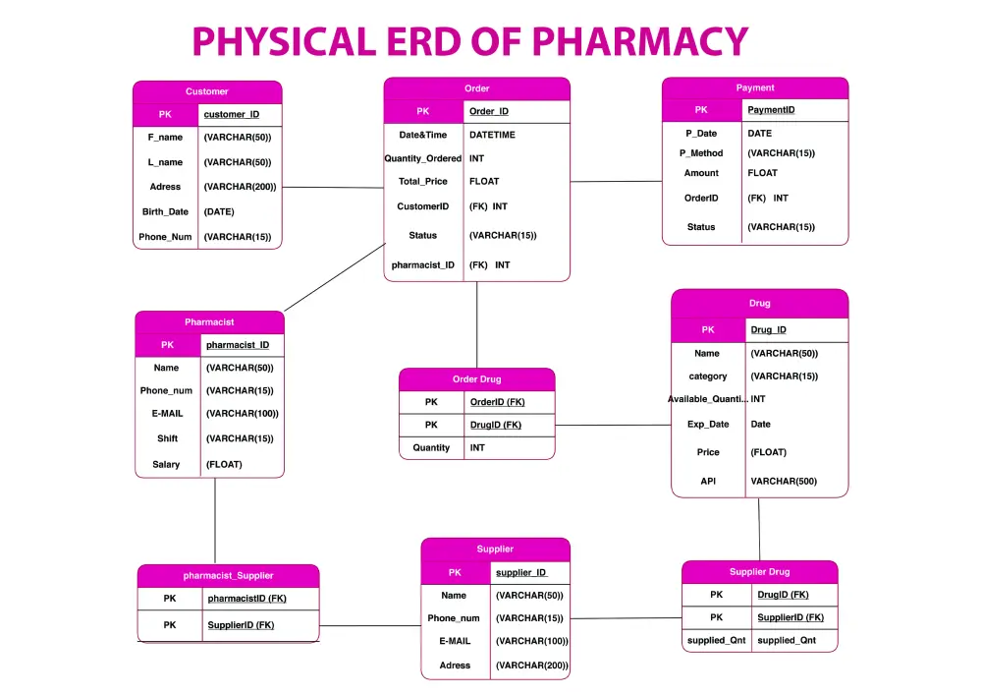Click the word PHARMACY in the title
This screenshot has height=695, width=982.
639,41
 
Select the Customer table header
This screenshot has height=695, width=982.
207,91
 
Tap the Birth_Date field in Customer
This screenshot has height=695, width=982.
165,211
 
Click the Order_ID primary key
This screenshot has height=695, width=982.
489,111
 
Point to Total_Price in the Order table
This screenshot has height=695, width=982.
422,182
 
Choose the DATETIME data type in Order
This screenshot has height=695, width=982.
492,135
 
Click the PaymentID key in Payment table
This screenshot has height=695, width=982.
771,110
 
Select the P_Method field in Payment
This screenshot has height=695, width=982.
701,153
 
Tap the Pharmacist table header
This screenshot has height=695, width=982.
210,322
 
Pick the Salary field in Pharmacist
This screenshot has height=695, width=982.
166,464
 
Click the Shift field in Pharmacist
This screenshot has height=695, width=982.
167,438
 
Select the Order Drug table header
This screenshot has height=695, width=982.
476,379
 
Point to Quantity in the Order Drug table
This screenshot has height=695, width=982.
431,448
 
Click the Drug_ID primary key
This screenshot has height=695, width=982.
769,330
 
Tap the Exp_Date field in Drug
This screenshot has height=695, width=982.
708,425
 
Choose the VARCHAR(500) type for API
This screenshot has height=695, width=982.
784,482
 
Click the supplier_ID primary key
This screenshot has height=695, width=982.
521,573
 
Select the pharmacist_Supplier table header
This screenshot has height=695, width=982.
228,576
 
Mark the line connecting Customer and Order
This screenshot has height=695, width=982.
333,188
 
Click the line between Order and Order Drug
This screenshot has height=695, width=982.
476,324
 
